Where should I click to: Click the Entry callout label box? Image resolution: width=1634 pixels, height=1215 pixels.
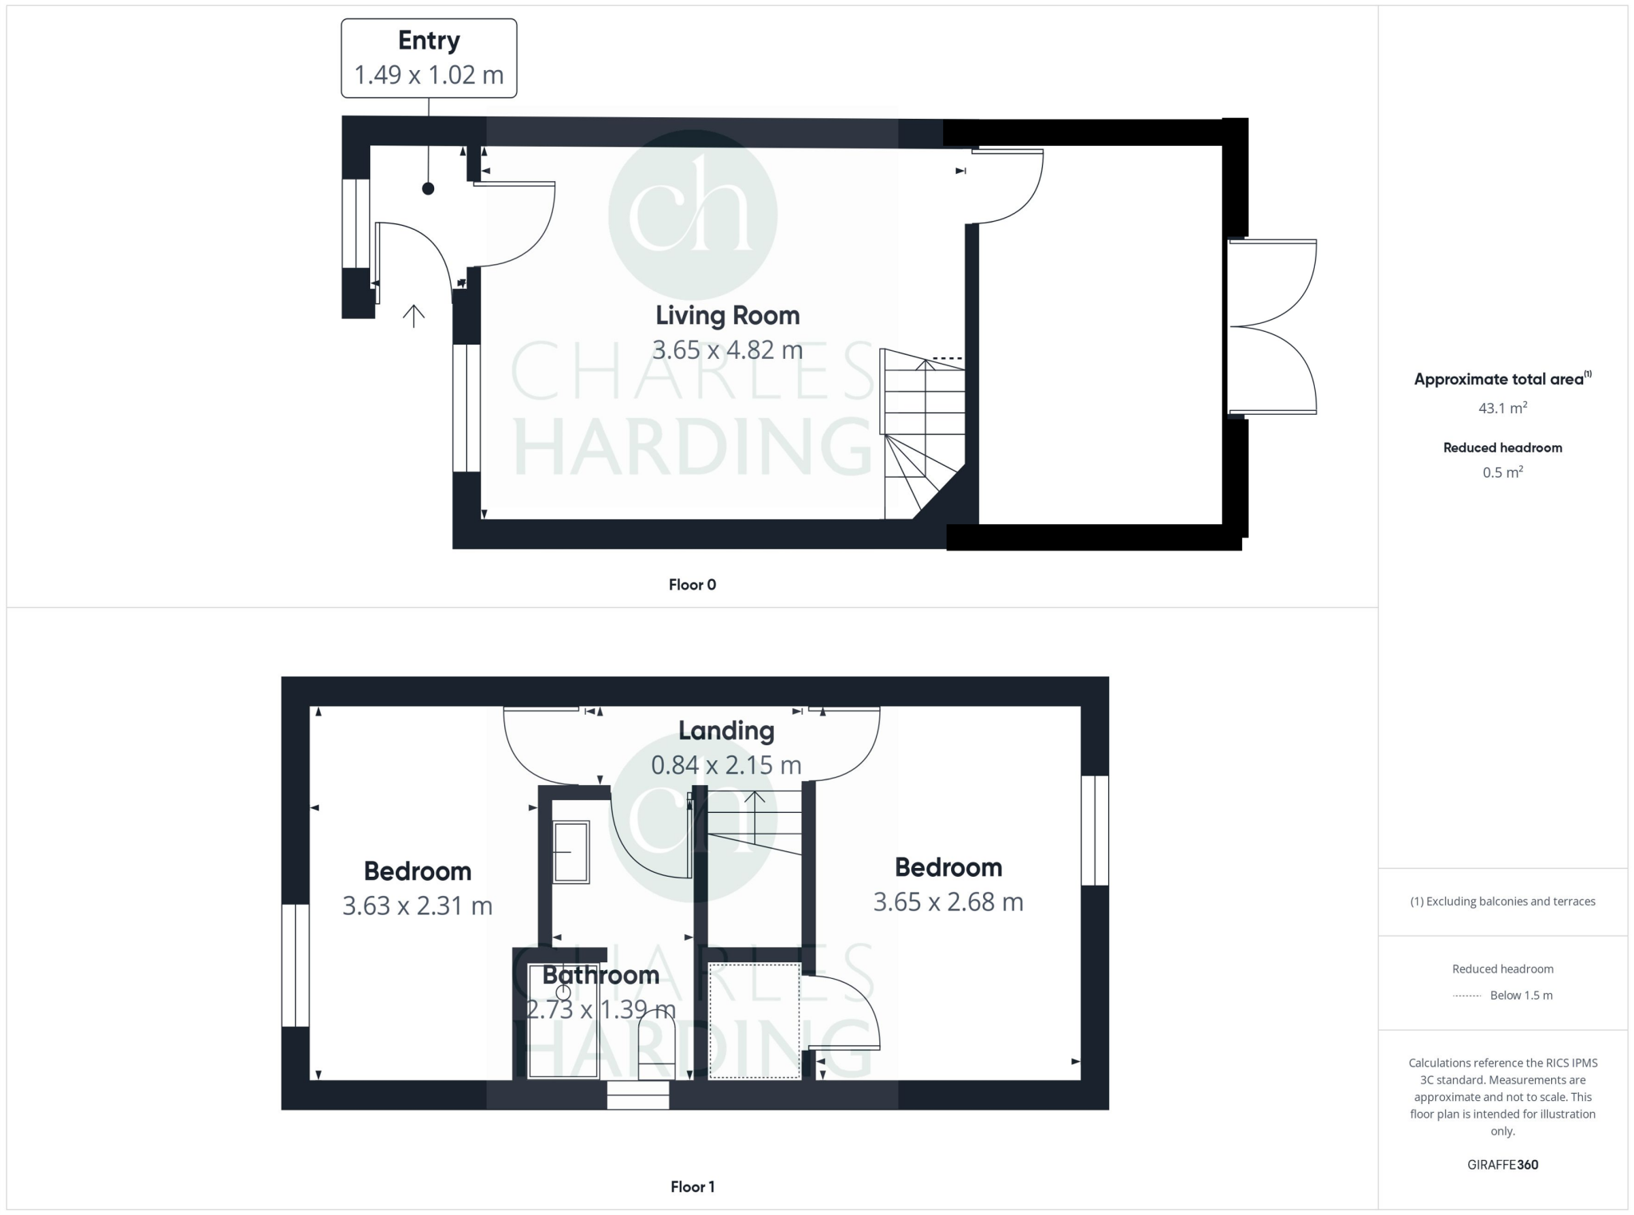[x=428, y=58]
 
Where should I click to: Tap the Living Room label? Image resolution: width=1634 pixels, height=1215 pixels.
[x=727, y=315]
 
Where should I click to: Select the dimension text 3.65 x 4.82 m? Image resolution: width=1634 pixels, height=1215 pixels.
[x=727, y=350]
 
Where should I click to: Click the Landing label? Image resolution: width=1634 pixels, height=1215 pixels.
[x=726, y=731]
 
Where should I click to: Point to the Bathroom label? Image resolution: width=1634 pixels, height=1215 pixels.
[x=601, y=975]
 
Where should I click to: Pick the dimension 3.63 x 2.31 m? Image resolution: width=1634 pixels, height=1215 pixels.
[x=417, y=906]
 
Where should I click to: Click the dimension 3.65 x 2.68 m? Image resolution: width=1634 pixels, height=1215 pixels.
[x=948, y=902]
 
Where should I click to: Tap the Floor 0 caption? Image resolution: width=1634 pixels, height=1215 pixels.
[x=692, y=585]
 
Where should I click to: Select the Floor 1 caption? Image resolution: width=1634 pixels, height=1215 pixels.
[x=692, y=1187]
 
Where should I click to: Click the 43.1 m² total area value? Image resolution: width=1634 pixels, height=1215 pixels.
[x=1502, y=408]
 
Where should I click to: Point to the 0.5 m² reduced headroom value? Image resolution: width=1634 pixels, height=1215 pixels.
[x=1502, y=472]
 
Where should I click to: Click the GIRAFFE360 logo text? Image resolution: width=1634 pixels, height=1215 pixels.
[x=1502, y=1165]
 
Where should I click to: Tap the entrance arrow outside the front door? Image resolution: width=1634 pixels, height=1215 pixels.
[x=413, y=317]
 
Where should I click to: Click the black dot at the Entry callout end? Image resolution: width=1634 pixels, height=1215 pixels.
[x=428, y=189]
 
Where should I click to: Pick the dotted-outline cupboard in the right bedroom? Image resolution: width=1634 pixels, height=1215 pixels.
[x=755, y=1021]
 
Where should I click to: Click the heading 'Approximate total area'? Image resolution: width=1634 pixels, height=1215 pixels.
[x=1498, y=380]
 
